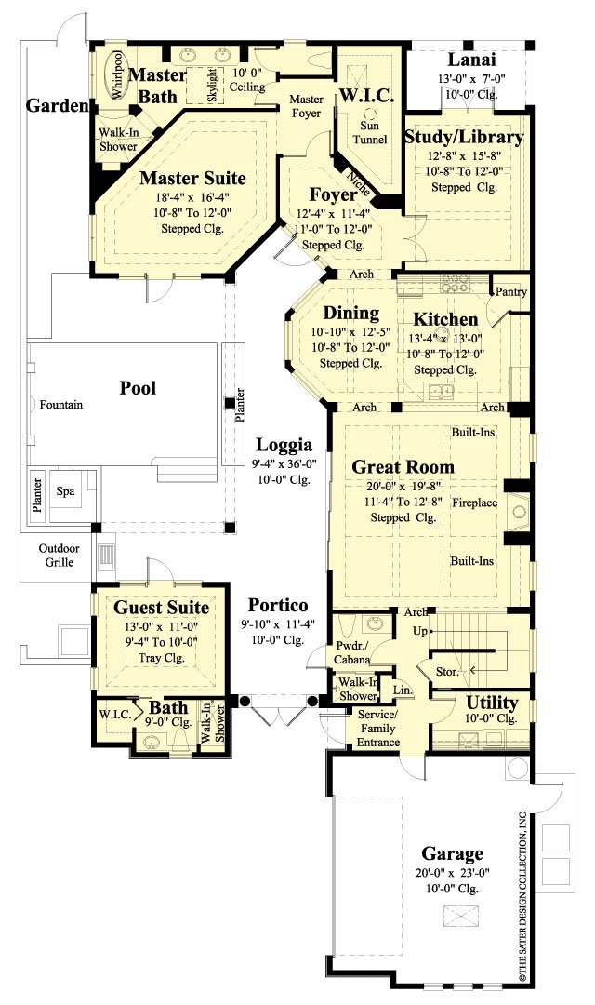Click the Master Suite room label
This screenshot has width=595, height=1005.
coord(192,177)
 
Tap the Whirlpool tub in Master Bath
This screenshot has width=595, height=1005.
coord(118,74)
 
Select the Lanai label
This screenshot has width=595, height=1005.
coord(469,59)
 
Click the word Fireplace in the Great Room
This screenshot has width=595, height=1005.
coord(475,502)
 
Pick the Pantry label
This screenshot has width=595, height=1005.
coord(511,291)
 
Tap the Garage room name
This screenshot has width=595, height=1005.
coord(452,853)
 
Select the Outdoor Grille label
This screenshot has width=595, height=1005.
coord(59,556)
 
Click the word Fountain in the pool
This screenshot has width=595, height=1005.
coord(61,405)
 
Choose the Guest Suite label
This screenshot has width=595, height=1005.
coord(161,607)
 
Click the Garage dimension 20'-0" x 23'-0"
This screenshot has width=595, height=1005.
coord(452,873)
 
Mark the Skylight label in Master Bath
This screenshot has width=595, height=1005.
coord(212,86)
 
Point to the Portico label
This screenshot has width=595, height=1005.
coord(278,606)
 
